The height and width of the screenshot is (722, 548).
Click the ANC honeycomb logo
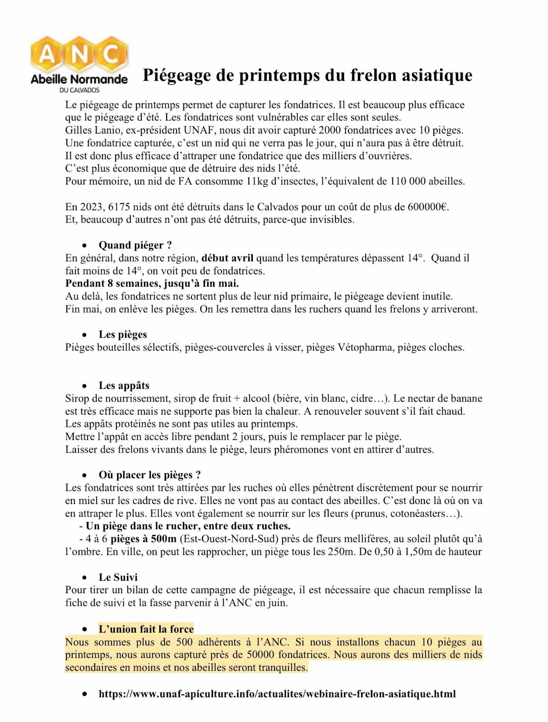tap(79, 55)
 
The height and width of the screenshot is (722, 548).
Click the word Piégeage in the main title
tap(176, 75)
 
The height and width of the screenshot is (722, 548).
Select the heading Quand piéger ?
tap(135, 245)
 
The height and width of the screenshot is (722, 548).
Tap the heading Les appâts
tap(124, 386)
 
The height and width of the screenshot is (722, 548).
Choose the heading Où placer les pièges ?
tap(149, 475)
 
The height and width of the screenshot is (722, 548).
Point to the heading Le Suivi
tap(118, 578)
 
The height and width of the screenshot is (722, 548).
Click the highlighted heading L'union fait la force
tap(146, 629)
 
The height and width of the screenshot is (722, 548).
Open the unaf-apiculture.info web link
tap(277, 694)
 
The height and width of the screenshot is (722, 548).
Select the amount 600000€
tap(428, 207)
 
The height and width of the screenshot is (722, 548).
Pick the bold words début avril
tap(227, 258)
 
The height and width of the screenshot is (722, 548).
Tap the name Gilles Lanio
tap(93, 130)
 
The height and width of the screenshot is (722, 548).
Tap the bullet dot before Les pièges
tap(84, 335)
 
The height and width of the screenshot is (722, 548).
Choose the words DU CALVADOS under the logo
tap(79, 90)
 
